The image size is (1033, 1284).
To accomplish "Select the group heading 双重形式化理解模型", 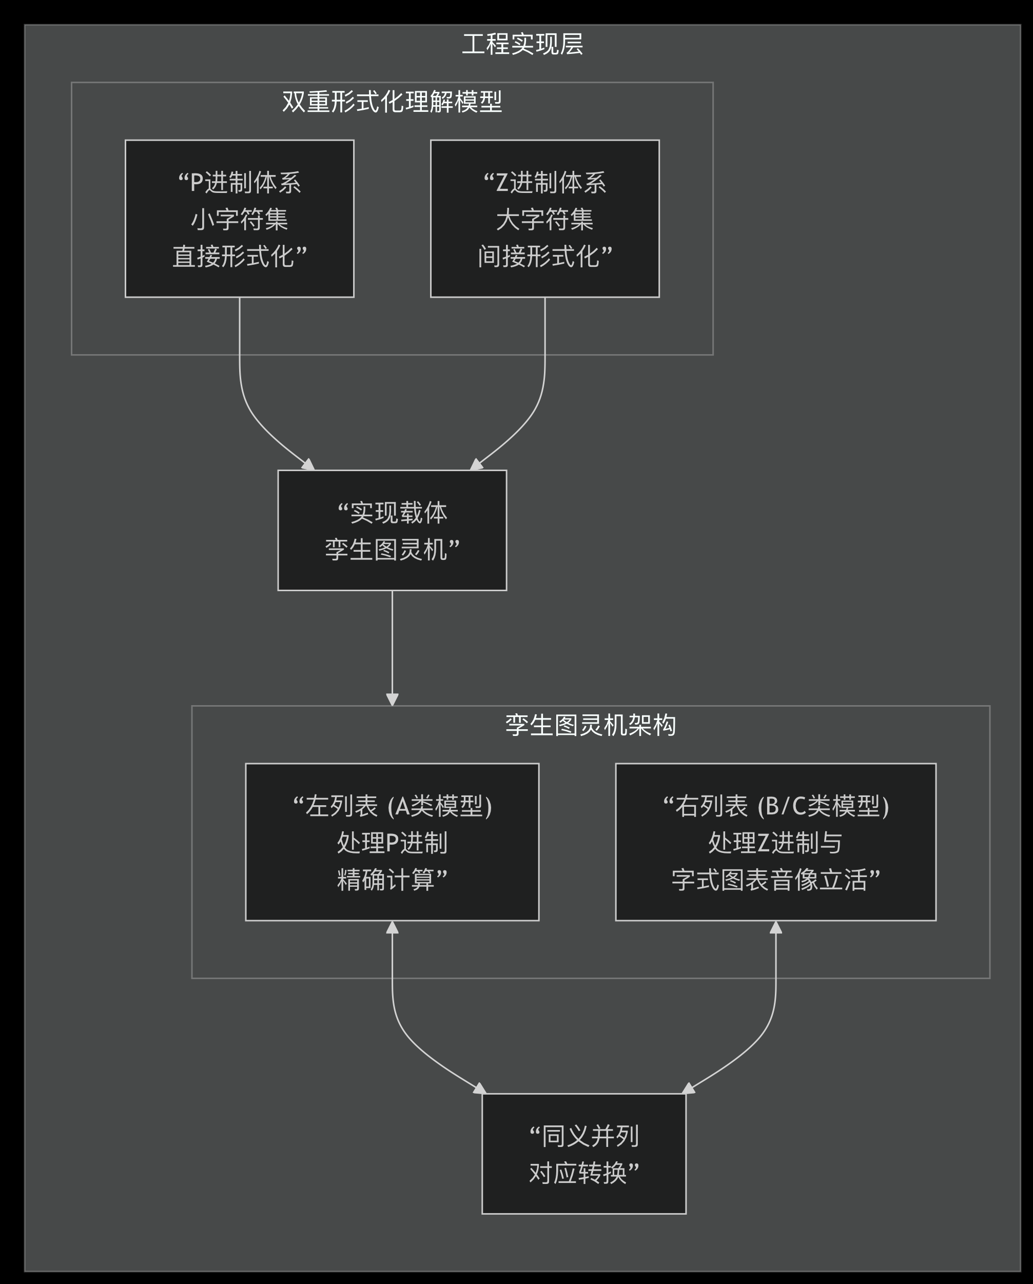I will (x=392, y=102).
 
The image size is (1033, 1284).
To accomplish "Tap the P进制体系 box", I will (x=239, y=219).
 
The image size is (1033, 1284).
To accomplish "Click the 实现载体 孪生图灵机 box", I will (x=392, y=531).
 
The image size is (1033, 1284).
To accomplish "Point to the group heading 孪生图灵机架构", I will (x=590, y=725).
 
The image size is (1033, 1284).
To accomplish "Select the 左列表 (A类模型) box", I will (x=392, y=842).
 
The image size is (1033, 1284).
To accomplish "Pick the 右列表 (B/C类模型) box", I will (x=775, y=842).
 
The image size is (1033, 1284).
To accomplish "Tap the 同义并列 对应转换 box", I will (x=583, y=1154).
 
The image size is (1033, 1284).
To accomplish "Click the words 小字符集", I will (x=239, y=220).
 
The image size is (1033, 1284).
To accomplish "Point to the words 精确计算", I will (x=386, y=880).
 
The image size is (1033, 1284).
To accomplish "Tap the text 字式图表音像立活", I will (x=769, y=880).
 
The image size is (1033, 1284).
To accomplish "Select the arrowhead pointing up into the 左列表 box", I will (x=392, y=928).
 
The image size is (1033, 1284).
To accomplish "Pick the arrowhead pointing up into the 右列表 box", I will (x=775, y=928).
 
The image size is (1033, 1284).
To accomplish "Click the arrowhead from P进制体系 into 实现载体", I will (x=308, y=464).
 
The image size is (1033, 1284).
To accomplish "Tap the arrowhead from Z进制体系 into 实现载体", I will (x=476, y=464).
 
